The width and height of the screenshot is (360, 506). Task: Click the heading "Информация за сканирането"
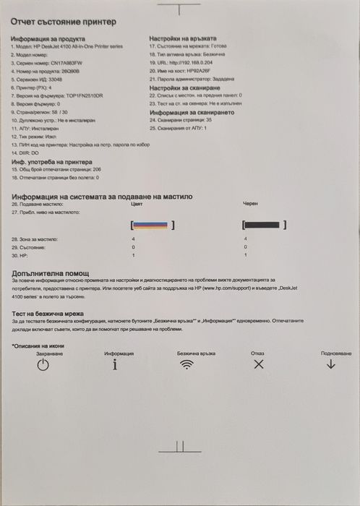[x=192, y=113]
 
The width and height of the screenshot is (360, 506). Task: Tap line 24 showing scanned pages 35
[x=180, y=120]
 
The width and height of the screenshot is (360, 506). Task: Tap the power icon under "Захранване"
[x=43, y=365]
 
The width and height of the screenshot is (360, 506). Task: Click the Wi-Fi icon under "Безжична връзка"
[x=187, y=364]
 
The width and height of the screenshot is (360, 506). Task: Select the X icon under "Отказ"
[x=258, y=364]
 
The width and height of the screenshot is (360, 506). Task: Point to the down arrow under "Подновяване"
[x=331, y=364]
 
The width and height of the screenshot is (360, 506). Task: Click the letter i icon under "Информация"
[x=114, y=364]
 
